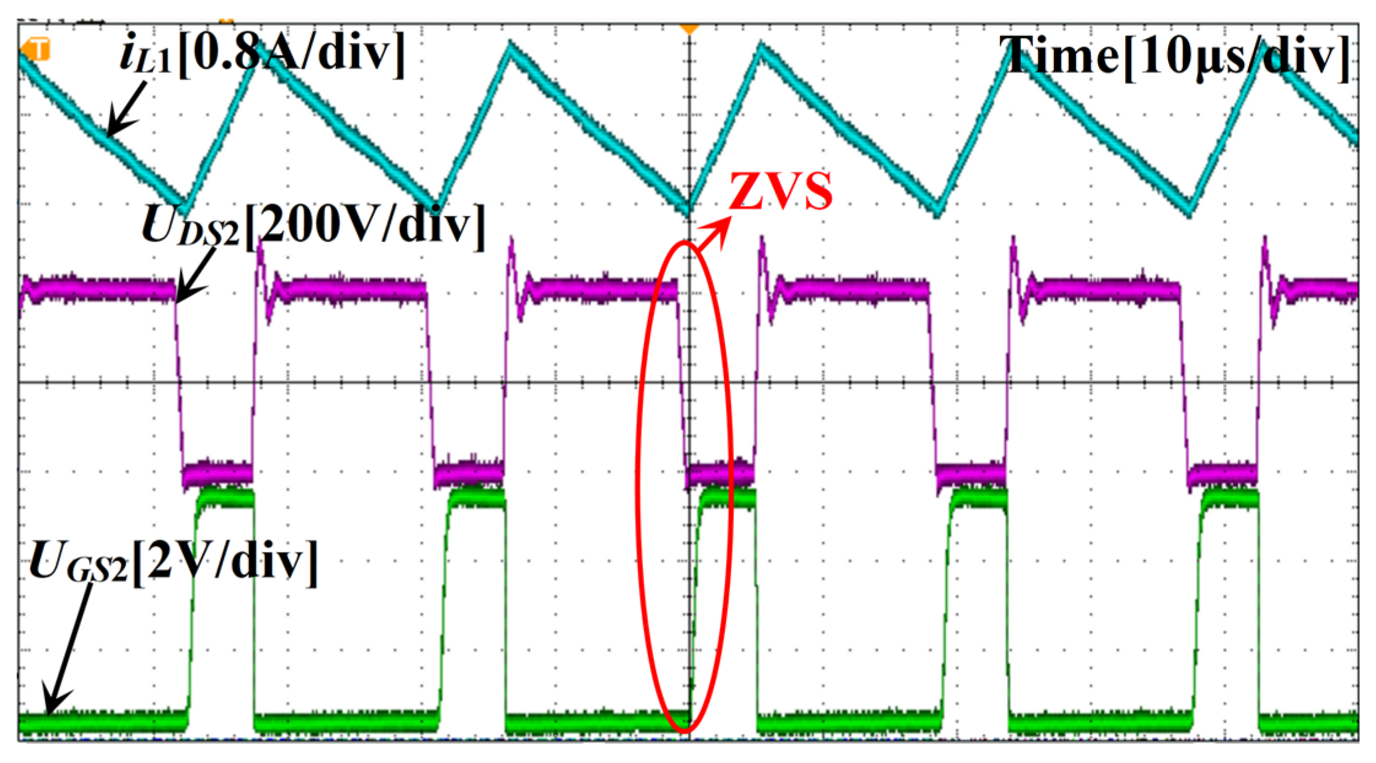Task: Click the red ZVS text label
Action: tap(780, 191)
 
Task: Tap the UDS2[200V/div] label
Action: tap(313, 226)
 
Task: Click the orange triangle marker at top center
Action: tap(690, 29)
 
